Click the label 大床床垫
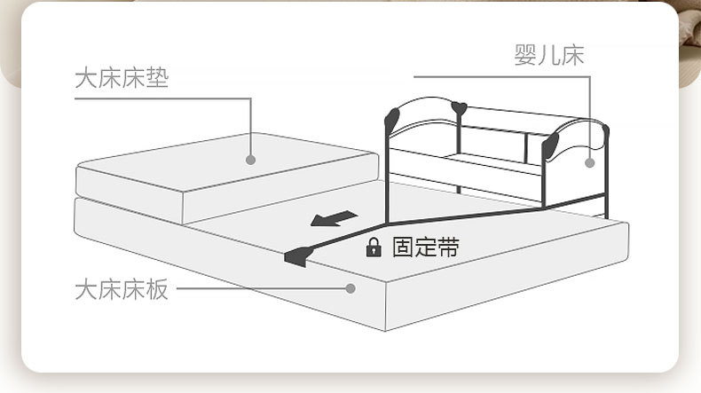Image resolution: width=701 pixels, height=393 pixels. tap(121, 78)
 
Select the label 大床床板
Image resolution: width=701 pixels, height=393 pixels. tap(121, 289)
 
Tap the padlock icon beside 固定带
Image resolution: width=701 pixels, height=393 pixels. tap(374, 248)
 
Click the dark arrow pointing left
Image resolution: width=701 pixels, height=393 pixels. tap(332, 218)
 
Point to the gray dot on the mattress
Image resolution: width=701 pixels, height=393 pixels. tap(251, 161)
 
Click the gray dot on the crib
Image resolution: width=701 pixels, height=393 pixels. tap(589, 162)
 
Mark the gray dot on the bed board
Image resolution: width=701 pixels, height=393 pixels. tap(350, 288)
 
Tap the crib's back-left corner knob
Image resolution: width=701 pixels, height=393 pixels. tap(459, 109)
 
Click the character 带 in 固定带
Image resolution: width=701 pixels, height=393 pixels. tap(449, 247)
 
